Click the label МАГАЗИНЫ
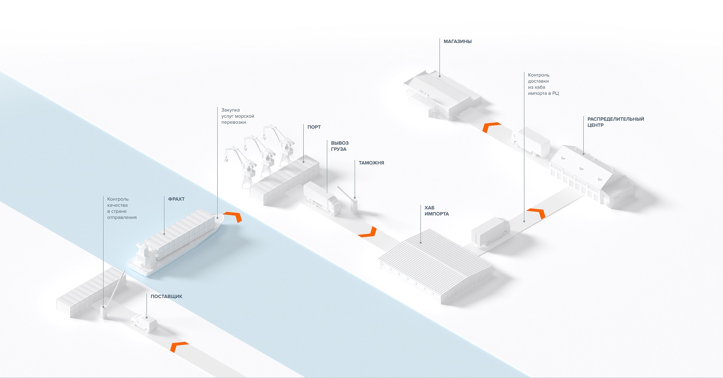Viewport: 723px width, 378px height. (457, 41)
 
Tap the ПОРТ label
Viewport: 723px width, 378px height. (314, 127)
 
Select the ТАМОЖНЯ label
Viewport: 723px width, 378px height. (371, 163)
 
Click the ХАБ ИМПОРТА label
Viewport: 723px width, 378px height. (436, 211)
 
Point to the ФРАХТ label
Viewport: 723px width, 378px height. (176, 199)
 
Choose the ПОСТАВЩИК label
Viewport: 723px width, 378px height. (166, 297)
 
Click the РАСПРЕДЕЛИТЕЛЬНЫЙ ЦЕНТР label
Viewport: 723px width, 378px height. (615, 122)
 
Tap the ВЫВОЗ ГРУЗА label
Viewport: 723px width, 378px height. (339, 146)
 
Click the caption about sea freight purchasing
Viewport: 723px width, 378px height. (237, 116)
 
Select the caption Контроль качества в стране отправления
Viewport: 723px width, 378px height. (121, 208)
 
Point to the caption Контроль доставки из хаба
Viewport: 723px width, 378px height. (543, 84)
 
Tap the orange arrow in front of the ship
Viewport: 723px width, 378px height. (233, 217)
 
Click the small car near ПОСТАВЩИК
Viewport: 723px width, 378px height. (144, 323)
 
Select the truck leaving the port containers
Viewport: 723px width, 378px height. (322, 198)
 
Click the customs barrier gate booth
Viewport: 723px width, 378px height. (354, 206)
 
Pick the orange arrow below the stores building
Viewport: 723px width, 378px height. (491, 127)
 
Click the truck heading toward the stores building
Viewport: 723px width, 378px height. (531, 142)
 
